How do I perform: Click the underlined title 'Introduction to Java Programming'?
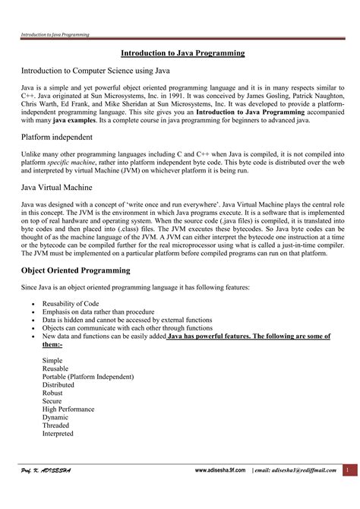click(183, 53)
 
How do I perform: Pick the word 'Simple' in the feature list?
click(53, 360)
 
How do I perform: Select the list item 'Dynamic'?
click(55, 418)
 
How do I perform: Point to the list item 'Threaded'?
click(57, 426)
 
